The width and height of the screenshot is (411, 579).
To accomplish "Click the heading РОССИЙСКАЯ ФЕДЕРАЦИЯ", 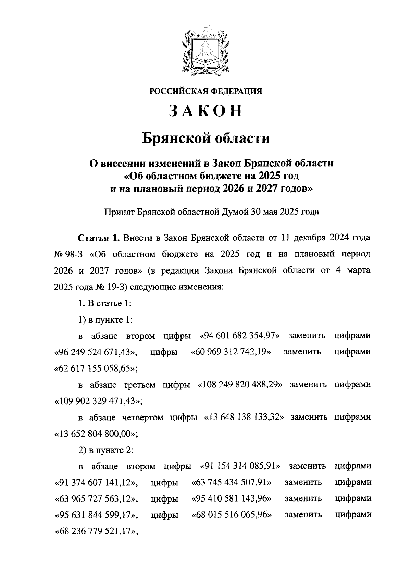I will (206, 91).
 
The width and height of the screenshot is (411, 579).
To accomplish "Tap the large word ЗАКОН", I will (206, 111).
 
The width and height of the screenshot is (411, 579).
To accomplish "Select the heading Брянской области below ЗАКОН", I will (206, 138).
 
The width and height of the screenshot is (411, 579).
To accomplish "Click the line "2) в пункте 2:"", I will (105, 450).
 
